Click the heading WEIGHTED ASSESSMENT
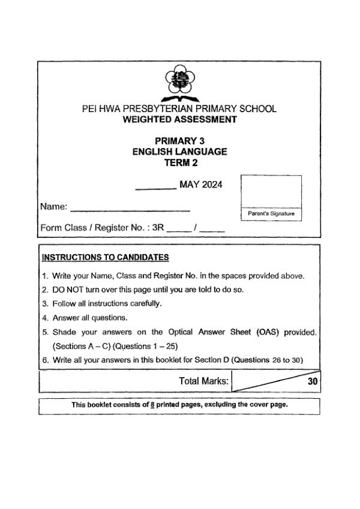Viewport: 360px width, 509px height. [x=179, y=119]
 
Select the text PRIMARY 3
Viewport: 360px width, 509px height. [x=179, y=141]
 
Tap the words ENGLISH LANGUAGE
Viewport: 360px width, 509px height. [x=179, y=152]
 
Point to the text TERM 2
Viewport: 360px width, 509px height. [x=179, y=162]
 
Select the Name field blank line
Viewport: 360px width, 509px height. [x=130, y=209]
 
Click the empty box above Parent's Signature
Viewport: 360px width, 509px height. [x=271, y=192]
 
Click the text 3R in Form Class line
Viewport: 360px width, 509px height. [x=158, y=228]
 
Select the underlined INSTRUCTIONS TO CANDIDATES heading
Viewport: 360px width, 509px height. [x=106, y=258]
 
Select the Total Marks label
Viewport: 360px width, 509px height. [x=203, y=381]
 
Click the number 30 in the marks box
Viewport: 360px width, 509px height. [x=312, y=381]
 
